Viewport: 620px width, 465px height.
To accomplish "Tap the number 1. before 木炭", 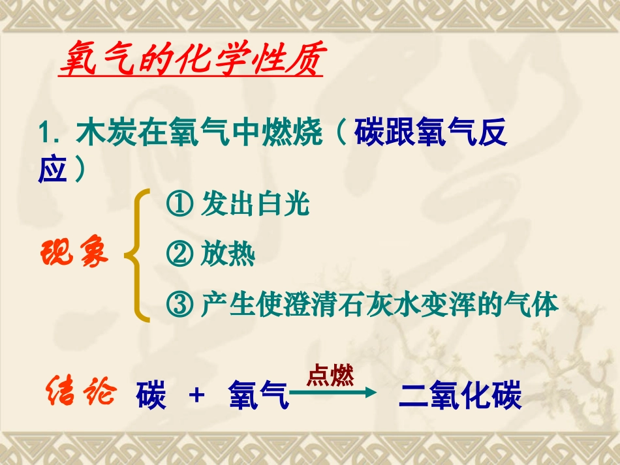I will [51, 135].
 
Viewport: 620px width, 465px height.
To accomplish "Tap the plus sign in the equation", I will [196, 396].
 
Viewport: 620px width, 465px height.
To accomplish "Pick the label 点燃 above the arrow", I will [330, 376].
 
